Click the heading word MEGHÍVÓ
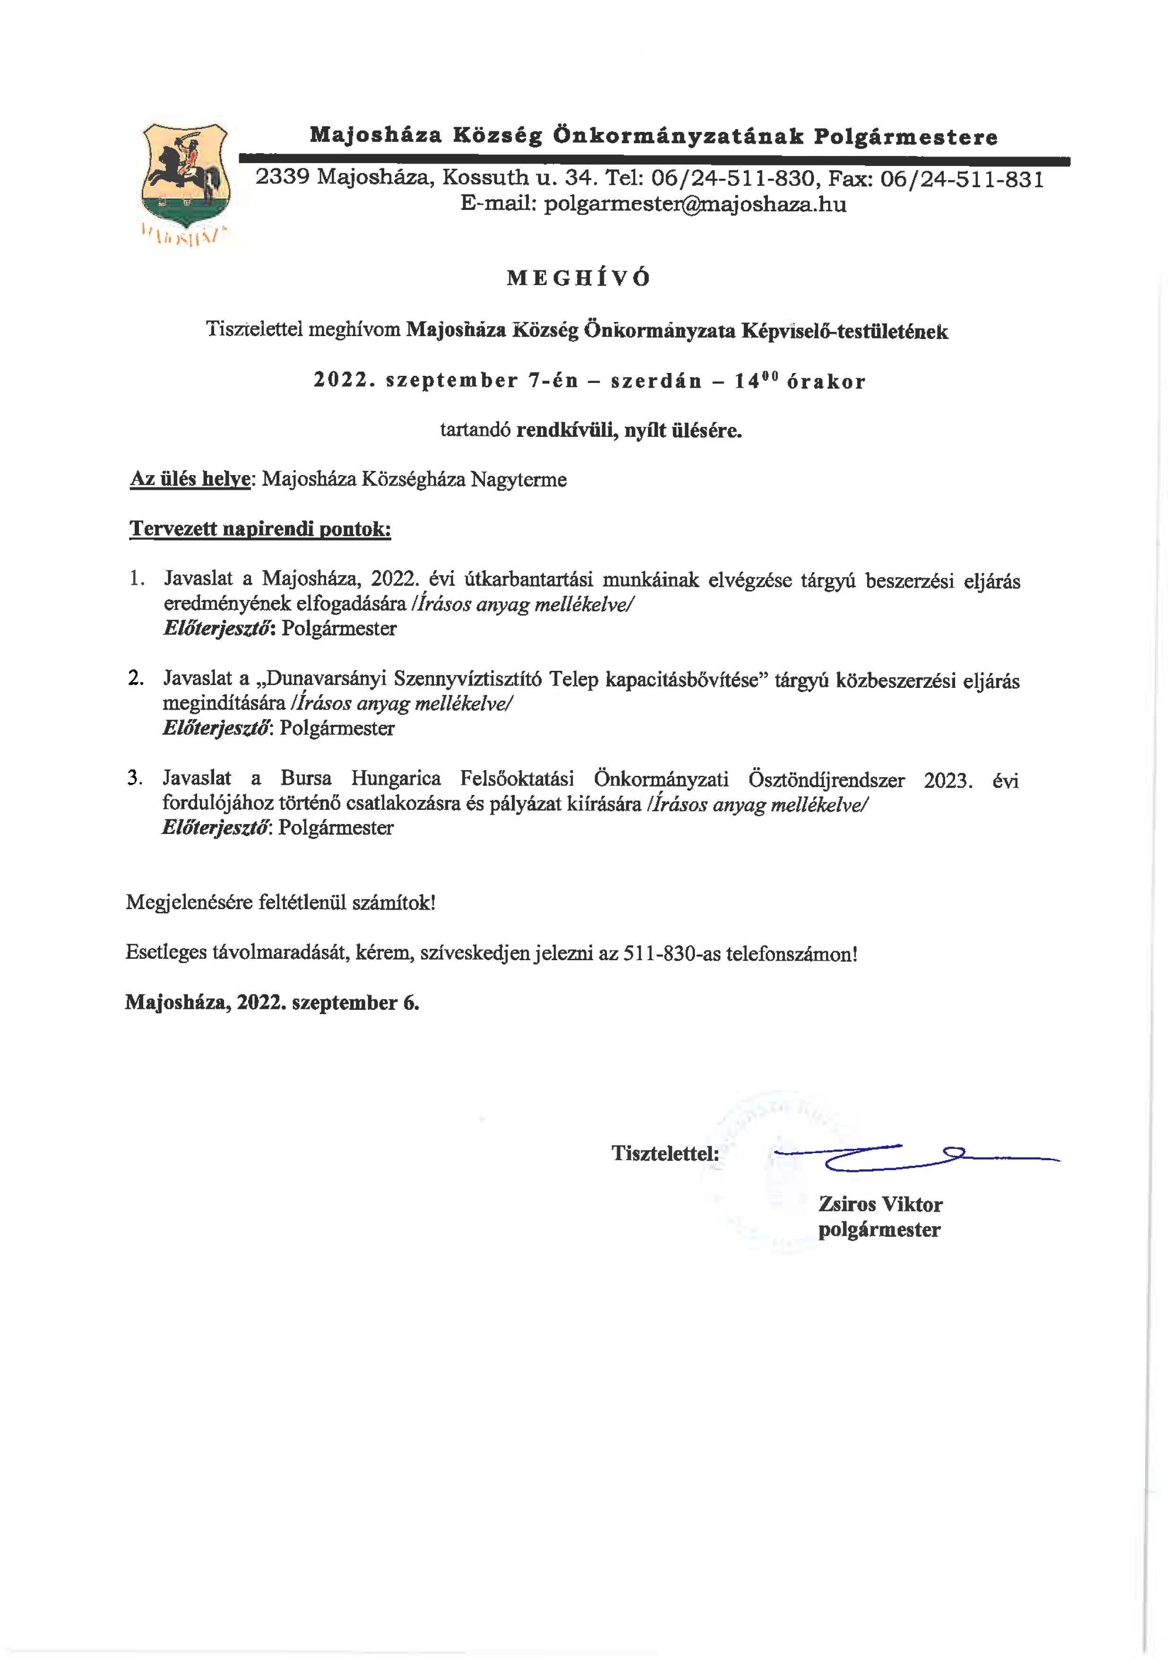(x=578, y=279)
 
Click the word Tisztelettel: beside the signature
(x=664, y=1153)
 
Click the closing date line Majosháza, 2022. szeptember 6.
(x=272, y=1002)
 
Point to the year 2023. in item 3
(x=948, y=781)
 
